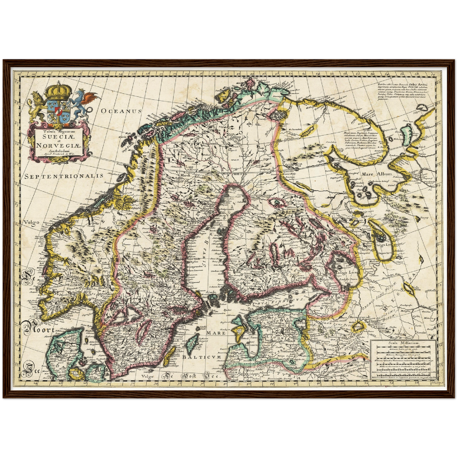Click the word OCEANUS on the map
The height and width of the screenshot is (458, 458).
click(121, 111)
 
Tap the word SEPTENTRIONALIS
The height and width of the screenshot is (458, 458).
click(64, 176)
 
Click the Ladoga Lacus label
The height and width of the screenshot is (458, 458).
click(348, 272)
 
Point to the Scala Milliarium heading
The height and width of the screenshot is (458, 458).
click(403, 343)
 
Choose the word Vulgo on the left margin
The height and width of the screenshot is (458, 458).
click(31, 222)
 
